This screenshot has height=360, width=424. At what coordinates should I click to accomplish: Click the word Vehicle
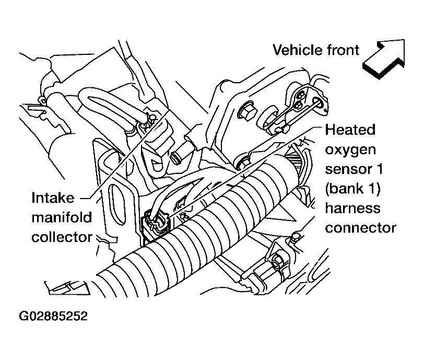[297, 50]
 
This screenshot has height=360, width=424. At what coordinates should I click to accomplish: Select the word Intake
[53, 198]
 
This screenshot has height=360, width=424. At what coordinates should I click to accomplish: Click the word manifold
[62, 217]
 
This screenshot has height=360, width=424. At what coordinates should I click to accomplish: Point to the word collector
[62, 237]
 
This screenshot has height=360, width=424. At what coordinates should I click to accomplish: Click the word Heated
[350, 130]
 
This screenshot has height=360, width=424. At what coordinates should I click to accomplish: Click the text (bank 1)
[352, 189]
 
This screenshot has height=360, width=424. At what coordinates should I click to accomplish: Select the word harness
[352, 208]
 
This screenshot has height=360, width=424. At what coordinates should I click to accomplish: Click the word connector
[360, 228]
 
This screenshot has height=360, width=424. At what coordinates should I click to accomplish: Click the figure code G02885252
[53, 316]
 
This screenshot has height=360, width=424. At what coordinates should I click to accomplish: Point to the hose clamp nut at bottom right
[277, 261]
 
